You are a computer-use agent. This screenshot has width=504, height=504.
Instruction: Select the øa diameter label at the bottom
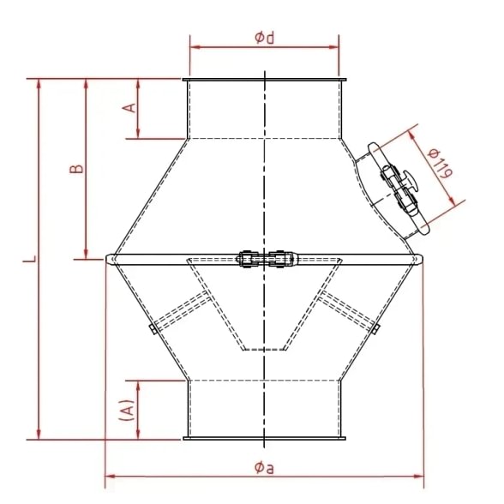[x=264, y=466]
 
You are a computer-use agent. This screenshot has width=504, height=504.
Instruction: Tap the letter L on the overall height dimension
[x=28, y=257]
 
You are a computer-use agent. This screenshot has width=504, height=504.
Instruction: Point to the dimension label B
[x=76, y=170]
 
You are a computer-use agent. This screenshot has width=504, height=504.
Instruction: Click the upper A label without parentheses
[x=129, y=108]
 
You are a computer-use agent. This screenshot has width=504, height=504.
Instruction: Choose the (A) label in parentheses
[x=127, y=409]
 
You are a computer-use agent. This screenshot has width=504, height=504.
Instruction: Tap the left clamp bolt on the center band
[x=248, y=257]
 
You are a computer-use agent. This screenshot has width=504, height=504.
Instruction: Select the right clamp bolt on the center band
[x=280, y=257]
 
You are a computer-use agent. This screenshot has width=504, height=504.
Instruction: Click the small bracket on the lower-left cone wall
[x=151, y=330]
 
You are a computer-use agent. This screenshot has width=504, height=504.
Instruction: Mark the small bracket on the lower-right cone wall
[x=376, y=329]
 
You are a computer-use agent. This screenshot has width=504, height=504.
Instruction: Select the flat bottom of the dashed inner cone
[x=264, y=350]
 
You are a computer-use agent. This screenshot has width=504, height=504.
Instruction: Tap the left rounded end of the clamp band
[x=110, y=258]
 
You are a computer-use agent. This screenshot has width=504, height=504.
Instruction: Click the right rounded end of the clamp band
[x=419, y=258]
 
